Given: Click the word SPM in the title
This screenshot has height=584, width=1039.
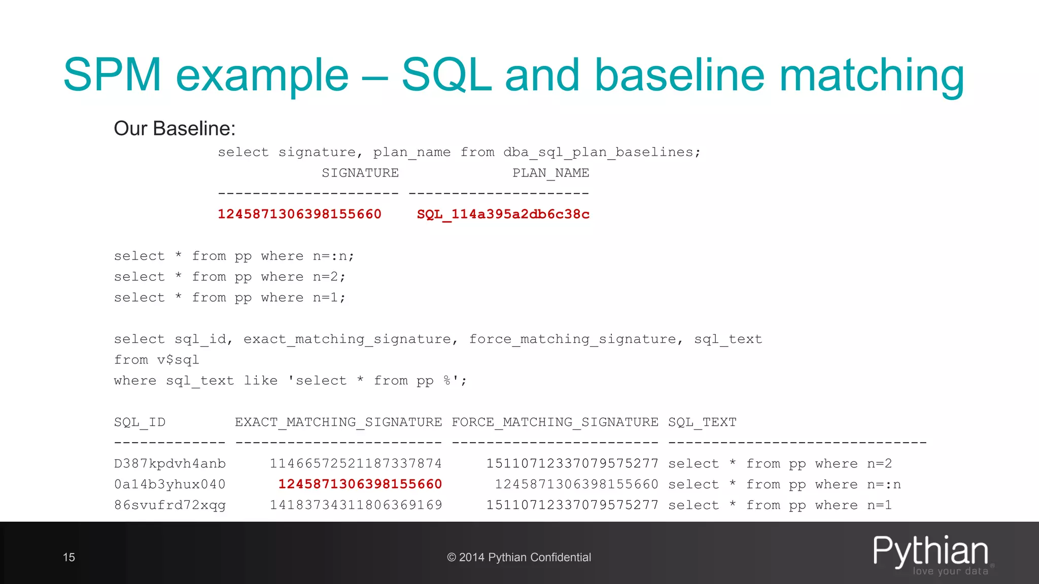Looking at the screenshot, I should [x=112, y=75].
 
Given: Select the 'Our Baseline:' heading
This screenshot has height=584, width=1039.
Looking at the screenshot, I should [x=175, y=129].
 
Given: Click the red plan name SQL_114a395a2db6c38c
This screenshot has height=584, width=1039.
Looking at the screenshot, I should [x=503, y=214].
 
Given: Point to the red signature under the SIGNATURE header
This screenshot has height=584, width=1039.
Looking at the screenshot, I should [x=299, y=214].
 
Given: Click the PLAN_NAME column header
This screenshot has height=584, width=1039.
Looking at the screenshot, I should [x=550, y=173].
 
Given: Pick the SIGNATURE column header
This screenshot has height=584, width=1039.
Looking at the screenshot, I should [x=360, y=173].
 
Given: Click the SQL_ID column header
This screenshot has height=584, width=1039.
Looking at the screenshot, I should [x=140, y=422].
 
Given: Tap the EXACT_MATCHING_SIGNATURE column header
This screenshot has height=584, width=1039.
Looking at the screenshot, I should [x=338, y=422].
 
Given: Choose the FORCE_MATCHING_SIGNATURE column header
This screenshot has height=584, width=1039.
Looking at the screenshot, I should [x=555, y=422].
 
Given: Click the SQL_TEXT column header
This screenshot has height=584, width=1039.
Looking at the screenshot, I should [x=702, y=422].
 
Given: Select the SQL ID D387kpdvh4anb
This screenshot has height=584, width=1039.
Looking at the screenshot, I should [x=170, y=464].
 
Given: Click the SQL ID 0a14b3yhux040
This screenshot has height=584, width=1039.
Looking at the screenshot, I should [x=170, y=485].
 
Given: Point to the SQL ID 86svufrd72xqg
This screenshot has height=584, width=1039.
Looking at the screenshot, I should [x=170, y=505].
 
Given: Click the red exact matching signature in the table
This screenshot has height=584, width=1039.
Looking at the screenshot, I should [x=360, y=485].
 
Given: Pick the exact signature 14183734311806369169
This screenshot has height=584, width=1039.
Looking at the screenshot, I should [x=356, y=505].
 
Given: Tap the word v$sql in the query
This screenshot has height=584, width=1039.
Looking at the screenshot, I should [x=178, y=360].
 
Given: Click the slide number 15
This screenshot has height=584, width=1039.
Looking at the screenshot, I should [x=69, y=558].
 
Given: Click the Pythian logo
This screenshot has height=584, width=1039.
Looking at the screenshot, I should [x=931, y=554].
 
